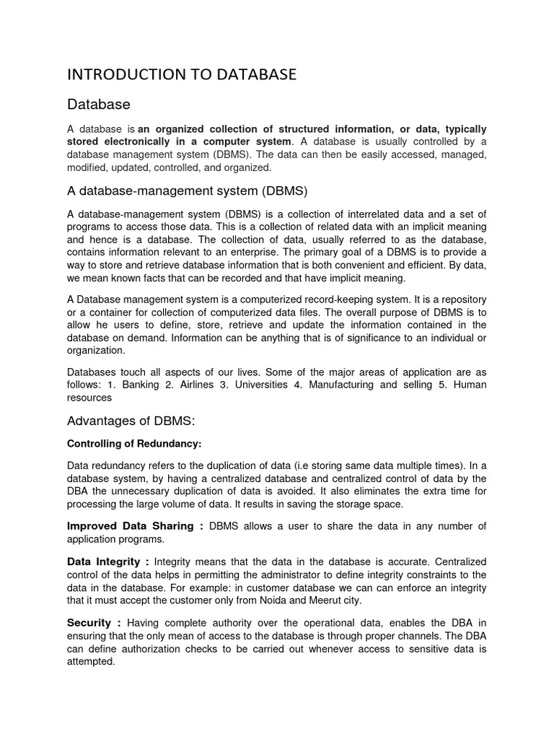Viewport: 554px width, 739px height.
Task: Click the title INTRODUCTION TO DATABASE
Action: coord(181,74)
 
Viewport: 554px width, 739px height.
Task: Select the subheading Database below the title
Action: coord(98,105)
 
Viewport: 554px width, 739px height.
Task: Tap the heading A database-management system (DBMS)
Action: coord(188,191)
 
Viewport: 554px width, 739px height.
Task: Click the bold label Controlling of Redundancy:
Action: coord(129,443)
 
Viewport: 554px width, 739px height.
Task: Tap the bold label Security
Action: coord(89,622)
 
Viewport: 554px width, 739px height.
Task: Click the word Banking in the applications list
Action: coord(141,385)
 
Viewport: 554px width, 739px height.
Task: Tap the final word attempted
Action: coord(91,661)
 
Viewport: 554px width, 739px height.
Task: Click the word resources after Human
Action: coord(89,397)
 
